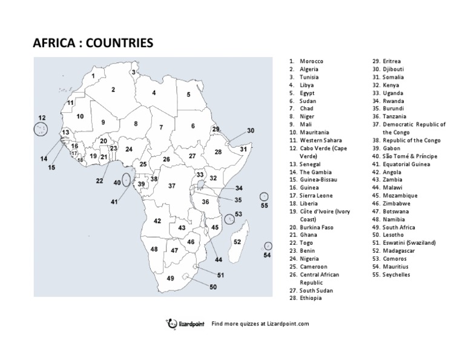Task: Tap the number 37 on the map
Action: click(171, 186)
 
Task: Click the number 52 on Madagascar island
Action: click(237, 241)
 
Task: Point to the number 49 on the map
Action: click(171, 278)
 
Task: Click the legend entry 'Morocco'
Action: click(311, 61)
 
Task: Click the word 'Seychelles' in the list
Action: click(396, 274)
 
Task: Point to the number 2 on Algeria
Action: click(113, 90)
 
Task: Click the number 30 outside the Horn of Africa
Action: click(251, 130)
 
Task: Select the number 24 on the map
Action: click(129, 148)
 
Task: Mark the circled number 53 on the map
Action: click(238, 214)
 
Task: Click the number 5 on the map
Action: click(188, 95)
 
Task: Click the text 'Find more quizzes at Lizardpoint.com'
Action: click(260, 324)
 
